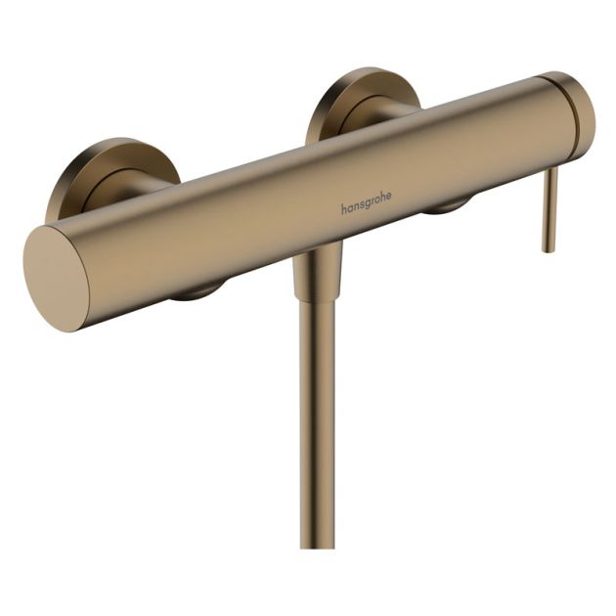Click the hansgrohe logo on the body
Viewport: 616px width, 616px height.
tap(366, 201)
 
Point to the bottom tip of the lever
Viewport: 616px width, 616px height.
tap(550, 248)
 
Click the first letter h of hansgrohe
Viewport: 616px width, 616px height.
tap(343, 208)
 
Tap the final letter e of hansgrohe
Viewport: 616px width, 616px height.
tap(388, 196)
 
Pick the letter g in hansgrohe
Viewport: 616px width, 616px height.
tap(366, 203)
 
